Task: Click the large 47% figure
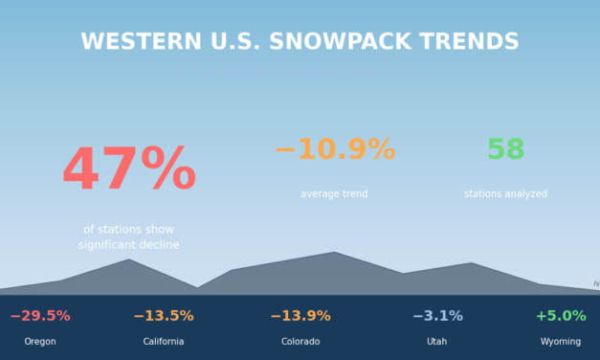(128, 170)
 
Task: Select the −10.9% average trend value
(334, 150)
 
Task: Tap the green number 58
(505, 150)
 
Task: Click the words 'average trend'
(334, 194)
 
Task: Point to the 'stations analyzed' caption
(505, 194)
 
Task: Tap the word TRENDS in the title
(476, 42)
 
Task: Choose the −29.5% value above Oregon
(40, 316)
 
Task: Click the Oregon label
(40, 342)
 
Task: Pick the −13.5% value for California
(164, 316)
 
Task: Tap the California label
(164, 342)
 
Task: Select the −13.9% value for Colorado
(300, 316)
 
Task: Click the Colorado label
(300, 342)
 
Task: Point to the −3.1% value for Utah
(437, 316)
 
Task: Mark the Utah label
(437, 342)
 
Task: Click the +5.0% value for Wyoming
(561, 316)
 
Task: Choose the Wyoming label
(561, 342)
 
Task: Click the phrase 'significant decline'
(128, 245)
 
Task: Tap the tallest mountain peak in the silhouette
(334, 255)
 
